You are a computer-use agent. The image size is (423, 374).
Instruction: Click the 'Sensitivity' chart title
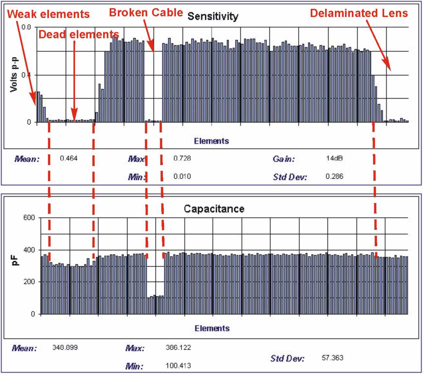pos(213,16)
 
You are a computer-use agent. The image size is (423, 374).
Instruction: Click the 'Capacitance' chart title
pos(214,209)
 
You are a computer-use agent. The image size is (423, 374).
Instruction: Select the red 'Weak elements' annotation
pos(48,14)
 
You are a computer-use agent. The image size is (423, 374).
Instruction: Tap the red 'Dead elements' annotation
pos(79,34)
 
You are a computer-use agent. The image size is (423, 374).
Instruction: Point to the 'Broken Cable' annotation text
pos(146,12)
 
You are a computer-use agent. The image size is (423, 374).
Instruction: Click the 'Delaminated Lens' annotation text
pos(359,13)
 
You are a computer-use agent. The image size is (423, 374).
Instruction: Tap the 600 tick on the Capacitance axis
pos(29,217)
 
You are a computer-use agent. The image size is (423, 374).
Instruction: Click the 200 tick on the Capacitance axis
pos(29,282)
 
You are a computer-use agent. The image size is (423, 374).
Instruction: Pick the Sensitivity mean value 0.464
pos(69,159)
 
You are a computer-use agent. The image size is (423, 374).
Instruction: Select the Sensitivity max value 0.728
pos(182,159)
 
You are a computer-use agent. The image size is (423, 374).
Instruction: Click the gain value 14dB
pos(334,159)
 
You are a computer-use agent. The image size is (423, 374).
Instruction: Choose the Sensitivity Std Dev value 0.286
pos(334,177)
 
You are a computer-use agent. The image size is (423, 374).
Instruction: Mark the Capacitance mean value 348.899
pos(65,347)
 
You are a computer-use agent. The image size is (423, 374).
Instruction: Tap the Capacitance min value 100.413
pos(178,365)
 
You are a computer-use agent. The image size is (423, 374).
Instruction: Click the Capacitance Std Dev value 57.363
pos(332,358)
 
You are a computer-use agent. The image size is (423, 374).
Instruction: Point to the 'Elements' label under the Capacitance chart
pos(212,328)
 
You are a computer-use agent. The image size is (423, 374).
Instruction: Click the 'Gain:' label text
pos(284,159)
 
